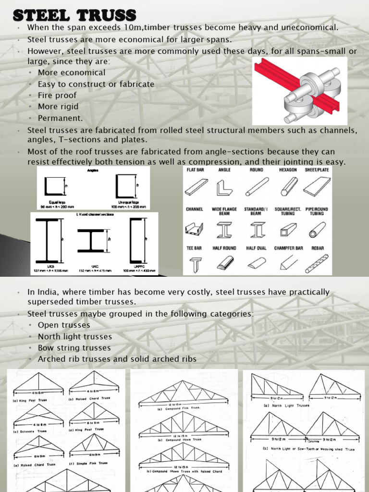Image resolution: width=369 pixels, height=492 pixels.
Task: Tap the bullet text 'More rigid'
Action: [58, 106]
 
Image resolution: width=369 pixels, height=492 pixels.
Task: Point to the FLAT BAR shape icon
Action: [196, 187]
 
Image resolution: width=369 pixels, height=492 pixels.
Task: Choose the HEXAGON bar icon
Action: [289, 186]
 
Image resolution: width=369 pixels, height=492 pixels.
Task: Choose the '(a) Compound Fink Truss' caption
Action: [179, 408]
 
